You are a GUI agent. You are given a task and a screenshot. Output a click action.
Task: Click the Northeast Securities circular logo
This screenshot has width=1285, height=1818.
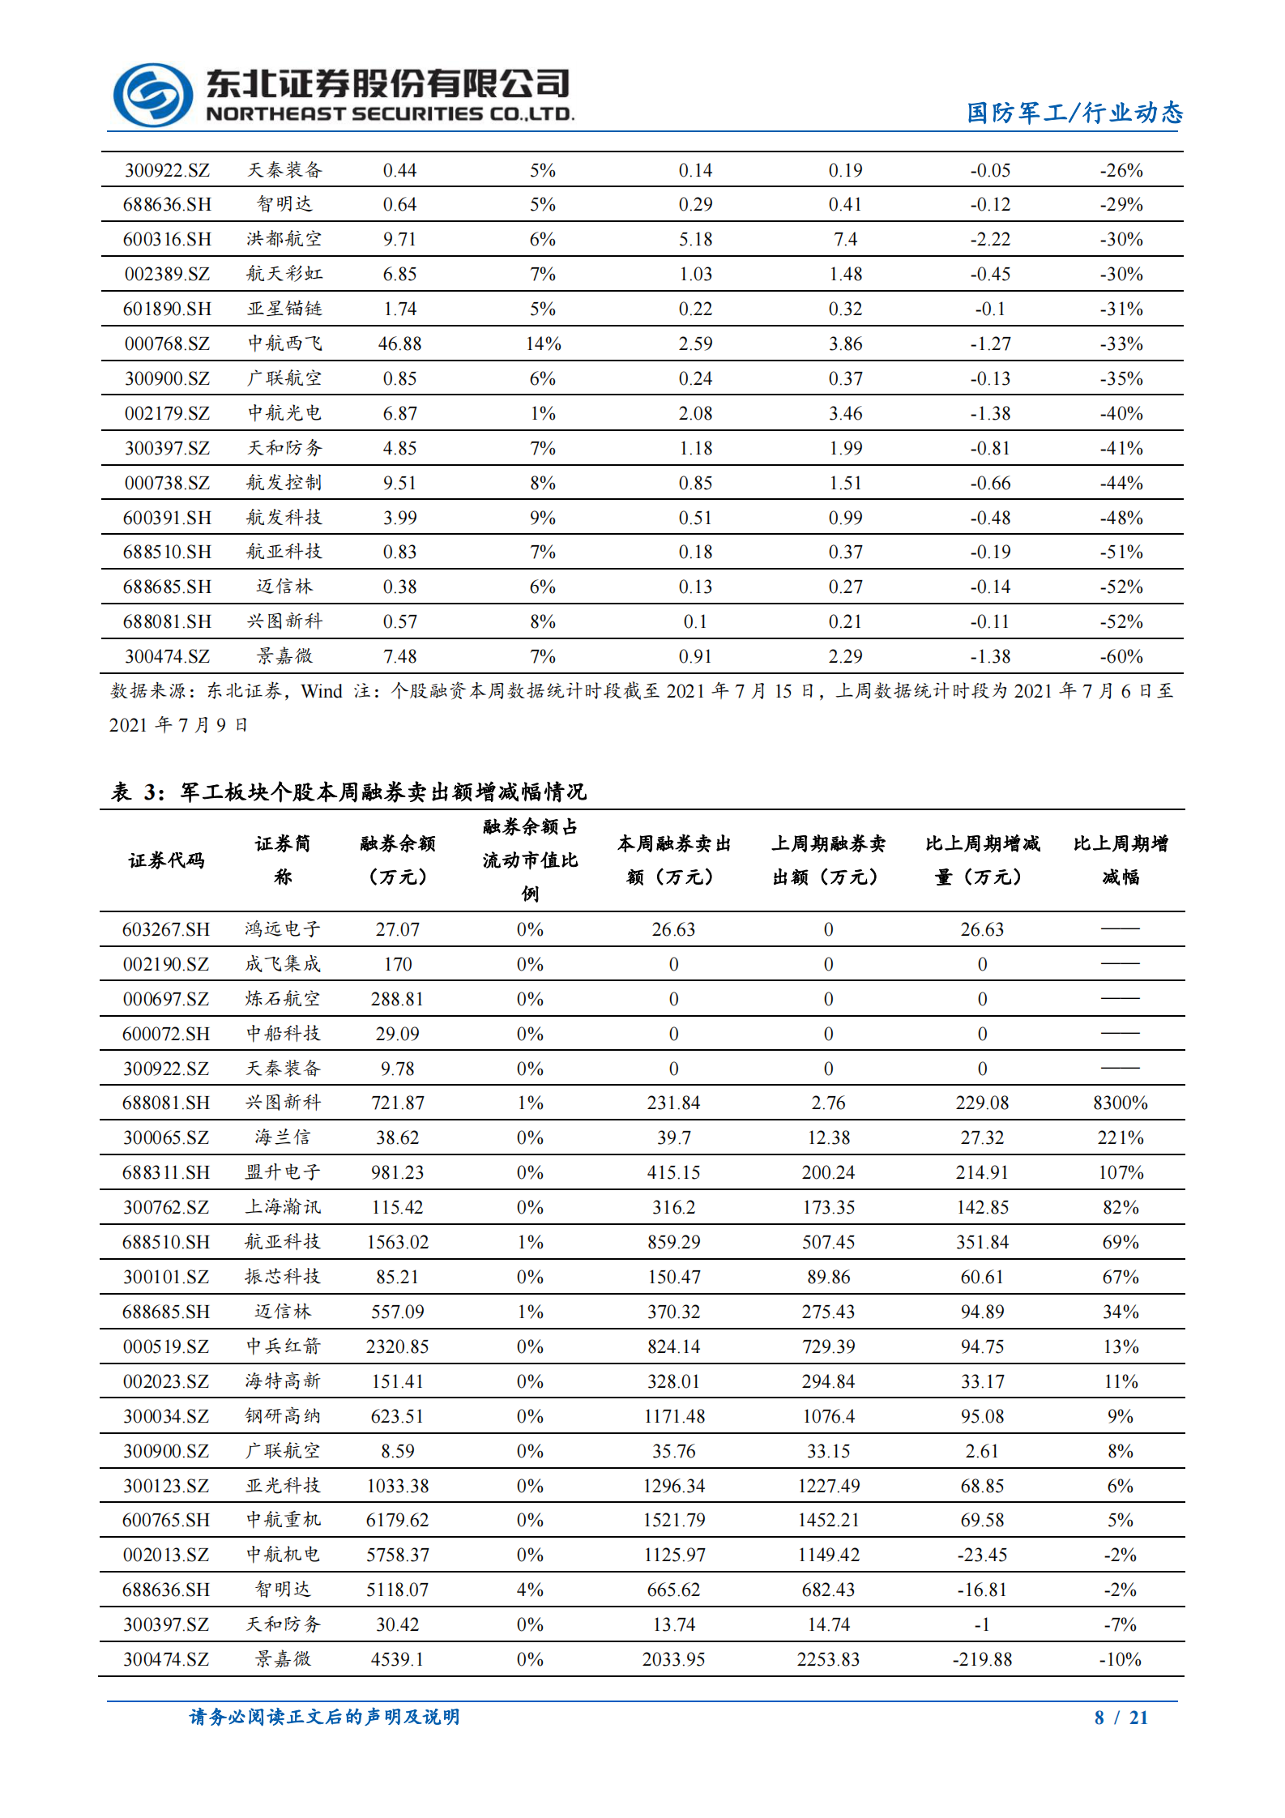point(152,95)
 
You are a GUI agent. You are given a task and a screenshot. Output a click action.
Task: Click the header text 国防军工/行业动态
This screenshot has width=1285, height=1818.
point(1074,113)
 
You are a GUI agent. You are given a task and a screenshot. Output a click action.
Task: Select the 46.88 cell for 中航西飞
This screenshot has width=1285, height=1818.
point(399,344)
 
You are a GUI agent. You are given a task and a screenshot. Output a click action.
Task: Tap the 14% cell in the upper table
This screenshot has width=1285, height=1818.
point(542,344)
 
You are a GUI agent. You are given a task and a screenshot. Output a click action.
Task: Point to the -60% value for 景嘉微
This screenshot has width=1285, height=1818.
point(1121,656)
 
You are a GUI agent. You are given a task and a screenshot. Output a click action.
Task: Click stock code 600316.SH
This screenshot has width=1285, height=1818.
point(167,239)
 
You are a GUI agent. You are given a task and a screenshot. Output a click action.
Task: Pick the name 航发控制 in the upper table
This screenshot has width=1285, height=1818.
point(284,483)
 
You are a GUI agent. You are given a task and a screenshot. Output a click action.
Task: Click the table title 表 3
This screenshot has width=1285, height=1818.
point(348,792)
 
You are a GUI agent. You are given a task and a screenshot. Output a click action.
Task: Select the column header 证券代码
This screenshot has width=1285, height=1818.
point(167,860)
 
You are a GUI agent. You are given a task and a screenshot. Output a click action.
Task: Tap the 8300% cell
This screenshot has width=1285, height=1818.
point(1120,1103)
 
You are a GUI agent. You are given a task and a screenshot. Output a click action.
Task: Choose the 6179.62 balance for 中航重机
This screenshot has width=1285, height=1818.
point(397,1520)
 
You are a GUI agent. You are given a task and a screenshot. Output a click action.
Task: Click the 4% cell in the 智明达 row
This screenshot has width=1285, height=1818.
point(530,1590)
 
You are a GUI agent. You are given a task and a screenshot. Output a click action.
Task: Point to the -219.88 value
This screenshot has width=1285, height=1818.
point(982,1659)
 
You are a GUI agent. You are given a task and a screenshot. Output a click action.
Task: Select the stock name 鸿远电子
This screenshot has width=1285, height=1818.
point(283,929)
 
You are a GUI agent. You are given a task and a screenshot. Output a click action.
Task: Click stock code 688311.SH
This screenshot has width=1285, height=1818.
point(166,1172)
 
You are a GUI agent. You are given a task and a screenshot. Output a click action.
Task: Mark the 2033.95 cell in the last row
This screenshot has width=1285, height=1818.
point(673,1659)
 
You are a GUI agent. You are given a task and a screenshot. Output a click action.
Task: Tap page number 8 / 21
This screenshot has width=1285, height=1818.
point(1121,1718)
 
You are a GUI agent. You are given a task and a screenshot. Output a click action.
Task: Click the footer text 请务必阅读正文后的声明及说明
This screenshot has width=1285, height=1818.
point(324,1717)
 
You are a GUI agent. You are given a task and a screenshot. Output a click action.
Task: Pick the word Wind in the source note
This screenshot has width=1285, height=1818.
point(322,691)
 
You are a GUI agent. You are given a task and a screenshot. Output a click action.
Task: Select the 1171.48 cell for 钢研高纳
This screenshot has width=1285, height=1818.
point(673,1416)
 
